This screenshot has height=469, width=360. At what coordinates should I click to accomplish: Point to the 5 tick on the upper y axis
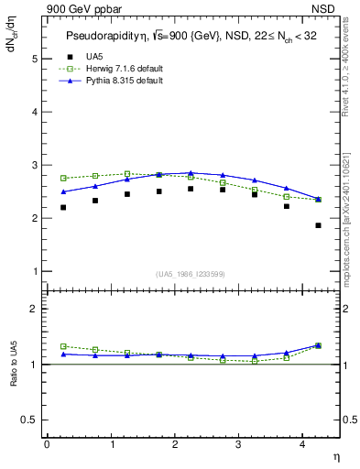point(33,59)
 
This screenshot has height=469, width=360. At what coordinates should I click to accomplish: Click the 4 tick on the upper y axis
point(33,112)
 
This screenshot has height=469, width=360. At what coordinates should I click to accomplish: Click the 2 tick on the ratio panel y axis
point(33,309)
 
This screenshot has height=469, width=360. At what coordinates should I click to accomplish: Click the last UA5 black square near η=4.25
point(318,225)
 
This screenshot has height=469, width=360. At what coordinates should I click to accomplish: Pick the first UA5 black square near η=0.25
point(63,207)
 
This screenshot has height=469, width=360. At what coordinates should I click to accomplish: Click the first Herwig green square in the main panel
point(63,178)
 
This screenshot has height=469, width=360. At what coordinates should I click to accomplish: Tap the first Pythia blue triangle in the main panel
point(63,191)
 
